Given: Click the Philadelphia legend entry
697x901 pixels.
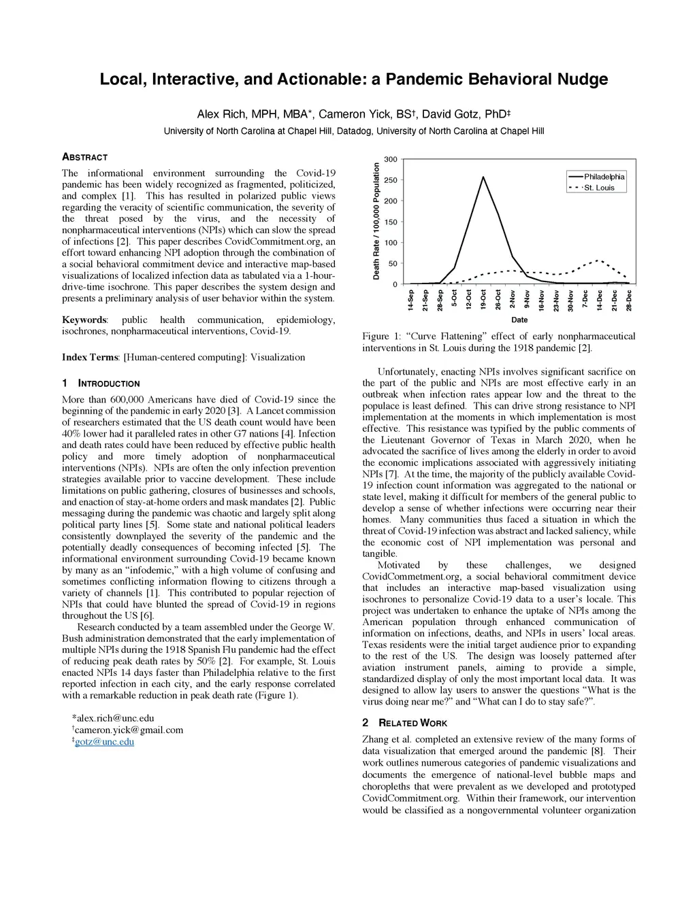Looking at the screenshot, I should coord(604,177).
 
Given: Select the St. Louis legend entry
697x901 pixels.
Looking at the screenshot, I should coord(599,188).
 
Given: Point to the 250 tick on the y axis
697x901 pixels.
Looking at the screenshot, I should coord(391,180).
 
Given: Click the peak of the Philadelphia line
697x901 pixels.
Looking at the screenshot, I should coord(483,177).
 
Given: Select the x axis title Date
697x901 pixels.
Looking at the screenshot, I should coord(519,320).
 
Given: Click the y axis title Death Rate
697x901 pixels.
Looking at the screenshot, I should coord(375,221).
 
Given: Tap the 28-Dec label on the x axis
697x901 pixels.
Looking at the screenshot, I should coord(629,301).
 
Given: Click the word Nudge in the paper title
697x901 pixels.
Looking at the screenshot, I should coord(580,80).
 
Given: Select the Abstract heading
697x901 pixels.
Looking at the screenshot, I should coord(84,157).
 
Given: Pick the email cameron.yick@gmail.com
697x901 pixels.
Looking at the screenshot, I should coord(129,730).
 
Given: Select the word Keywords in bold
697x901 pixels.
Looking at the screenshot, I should coord(84,320).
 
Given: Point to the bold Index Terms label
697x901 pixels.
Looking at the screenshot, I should coord(89,357).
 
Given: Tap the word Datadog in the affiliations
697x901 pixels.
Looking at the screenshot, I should coord(355,131).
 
